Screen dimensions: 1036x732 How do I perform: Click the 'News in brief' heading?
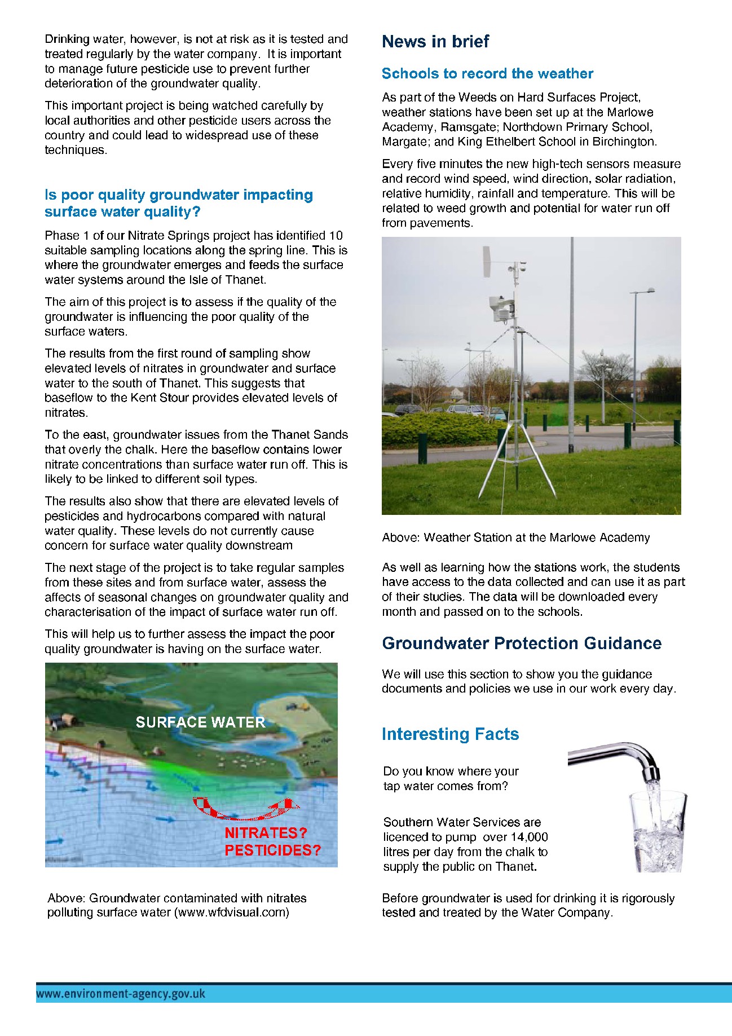pos(435,42)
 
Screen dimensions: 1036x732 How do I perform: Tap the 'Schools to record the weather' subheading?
pos(487,74)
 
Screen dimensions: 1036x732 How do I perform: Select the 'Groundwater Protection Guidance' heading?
pos(521,643)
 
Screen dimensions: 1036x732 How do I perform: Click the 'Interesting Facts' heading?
pos(450,734)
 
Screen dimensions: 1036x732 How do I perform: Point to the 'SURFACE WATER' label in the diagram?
pos(200,722)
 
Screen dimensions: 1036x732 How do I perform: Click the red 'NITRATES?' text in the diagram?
pos(266,833)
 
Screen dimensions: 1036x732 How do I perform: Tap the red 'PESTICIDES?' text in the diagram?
pos(272,850)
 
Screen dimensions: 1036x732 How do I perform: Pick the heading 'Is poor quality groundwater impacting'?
pos(179,195)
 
